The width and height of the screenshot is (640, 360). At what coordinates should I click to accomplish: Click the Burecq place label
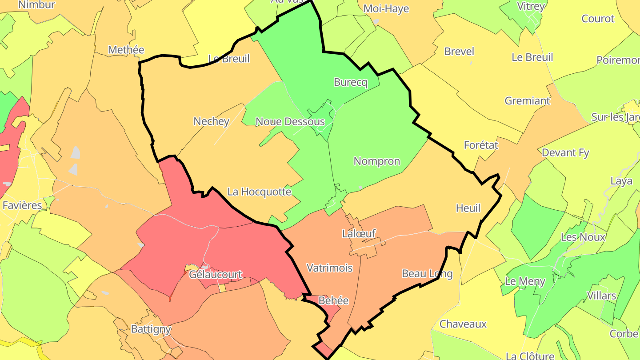(351, 82)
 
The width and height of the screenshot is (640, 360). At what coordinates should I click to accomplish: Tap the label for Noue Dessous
(290, 121)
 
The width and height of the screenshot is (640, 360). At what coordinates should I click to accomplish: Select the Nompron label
(377, 161)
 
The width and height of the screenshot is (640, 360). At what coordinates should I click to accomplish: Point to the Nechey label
(212, 121)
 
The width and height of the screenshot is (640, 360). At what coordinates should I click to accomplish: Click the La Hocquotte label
(259, 192)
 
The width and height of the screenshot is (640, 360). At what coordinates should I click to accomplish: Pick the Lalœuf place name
(359, 233)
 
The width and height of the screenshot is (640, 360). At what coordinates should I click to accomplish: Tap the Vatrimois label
(330, 268)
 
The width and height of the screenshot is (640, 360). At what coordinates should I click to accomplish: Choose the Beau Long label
(427, 273)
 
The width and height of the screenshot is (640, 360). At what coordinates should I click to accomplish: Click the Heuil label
(468, 208)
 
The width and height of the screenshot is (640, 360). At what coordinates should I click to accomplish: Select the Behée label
(334, 301)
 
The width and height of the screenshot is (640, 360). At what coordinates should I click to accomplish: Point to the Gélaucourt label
(216, 275)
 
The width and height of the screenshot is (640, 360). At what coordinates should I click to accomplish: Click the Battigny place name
(151, 329)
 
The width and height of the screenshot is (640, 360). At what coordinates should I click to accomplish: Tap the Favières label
(22, 205)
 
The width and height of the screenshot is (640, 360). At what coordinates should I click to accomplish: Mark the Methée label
(126, 50)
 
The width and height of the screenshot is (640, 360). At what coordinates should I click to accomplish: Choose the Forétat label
(481, 145)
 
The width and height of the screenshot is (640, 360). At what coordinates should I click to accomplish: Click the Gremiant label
(528, 101)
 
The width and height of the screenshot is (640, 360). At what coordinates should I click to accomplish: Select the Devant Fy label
(565, 153)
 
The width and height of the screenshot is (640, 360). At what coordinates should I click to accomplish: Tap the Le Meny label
(525, 281)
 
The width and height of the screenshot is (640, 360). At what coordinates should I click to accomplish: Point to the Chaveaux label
(463, 324)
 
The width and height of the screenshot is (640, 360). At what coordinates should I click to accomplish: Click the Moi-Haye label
(386, 9)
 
